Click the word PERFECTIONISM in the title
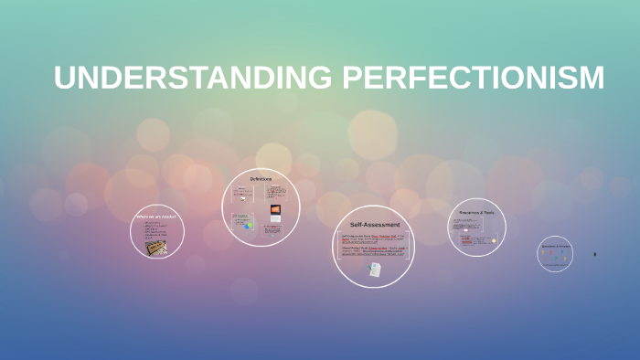[474, 78]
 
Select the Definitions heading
[261, 178]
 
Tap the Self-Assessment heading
[373, 224]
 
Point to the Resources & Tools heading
[476, 212]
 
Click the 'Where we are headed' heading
[156, 217]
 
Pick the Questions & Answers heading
[556, 247]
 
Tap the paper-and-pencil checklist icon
[374, 270]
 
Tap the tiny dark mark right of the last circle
[595, 254]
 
